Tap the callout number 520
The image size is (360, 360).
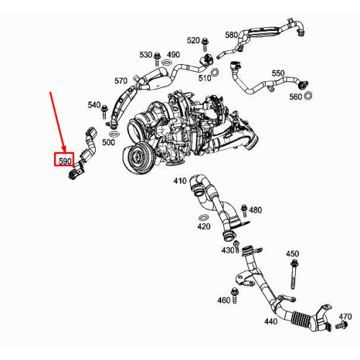coord(194,40)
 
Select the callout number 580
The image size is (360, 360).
coord(231,35)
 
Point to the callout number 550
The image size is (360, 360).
coord(278,73)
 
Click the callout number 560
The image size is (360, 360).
coord(295,96)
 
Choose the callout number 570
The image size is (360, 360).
coord(121,81)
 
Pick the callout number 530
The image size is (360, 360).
coord(146,55)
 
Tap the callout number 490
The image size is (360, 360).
coord(174,55)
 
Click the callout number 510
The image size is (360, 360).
coord(204,78)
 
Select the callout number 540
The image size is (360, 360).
coord(94,105)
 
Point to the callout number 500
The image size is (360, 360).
coord(109,143)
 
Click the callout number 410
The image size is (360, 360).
coord(179,181)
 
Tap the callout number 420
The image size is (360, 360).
coord(204,226)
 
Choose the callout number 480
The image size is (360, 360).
coord(256,210)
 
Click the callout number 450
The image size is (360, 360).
coord(292,254)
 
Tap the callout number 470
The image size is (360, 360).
coord(346,316)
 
